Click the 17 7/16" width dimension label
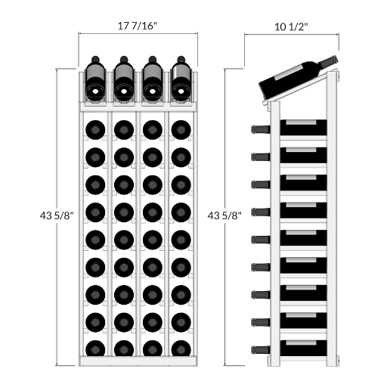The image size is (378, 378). (138, 26)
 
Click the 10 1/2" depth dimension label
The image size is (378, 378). (291, 26)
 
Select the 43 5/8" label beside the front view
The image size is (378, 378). (57, 215)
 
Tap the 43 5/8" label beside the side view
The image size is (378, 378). (225, 215)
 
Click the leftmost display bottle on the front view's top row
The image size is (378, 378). (95, 79)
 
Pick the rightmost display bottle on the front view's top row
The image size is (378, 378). (181, 79)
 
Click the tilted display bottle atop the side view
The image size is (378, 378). (298, 77)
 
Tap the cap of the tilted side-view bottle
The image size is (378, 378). (335, 60)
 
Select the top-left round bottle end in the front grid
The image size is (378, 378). (95, 130)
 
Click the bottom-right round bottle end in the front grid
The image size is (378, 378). (181, 349)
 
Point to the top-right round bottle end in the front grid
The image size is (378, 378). (181, 130)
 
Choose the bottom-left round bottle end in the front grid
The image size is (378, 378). (95, 349)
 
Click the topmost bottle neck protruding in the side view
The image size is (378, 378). (261, 129)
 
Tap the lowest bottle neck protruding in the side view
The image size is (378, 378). (261, 350)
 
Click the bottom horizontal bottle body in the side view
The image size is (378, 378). (303, 348)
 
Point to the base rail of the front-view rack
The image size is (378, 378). (138, 361)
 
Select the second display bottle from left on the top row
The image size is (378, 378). (124, 79)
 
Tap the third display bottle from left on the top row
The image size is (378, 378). (153, 79)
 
